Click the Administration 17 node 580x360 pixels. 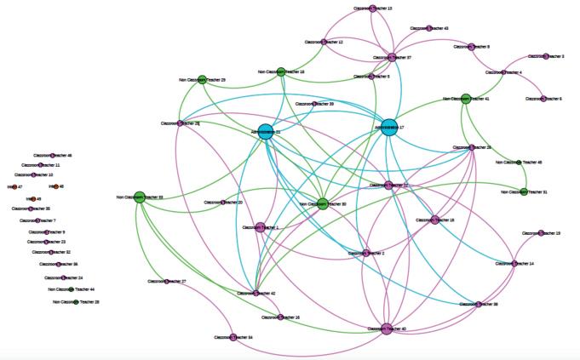389,128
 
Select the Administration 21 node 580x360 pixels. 265,132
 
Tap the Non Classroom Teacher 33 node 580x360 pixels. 140,197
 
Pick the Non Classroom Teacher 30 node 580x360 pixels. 322,203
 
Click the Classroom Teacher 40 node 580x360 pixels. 387,328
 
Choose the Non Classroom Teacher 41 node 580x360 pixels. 466,99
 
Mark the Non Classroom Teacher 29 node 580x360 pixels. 203,79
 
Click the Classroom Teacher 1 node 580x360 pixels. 260,227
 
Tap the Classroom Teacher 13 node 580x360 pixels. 373,9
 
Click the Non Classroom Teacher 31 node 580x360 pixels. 524,191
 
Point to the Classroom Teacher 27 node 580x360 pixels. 166,281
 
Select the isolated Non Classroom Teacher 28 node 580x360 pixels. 76,301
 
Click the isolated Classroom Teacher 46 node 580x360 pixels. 52,156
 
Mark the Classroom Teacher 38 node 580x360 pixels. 479,304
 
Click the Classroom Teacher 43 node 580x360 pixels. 428,28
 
